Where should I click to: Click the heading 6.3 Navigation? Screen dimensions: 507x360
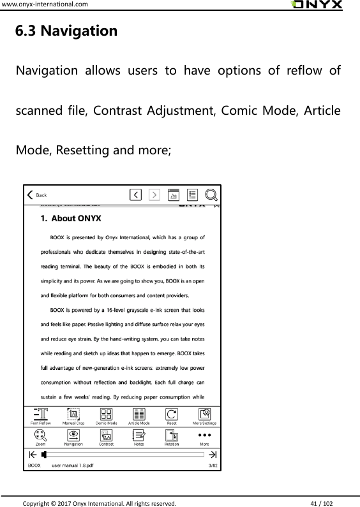66,31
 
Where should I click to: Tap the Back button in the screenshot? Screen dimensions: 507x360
36,195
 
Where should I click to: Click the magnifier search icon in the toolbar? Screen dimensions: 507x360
212,195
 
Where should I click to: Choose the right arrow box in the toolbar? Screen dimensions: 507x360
154,195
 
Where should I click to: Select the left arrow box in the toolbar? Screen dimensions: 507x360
135,195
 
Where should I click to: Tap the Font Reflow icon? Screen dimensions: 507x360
41,414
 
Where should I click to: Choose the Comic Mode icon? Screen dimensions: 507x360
106,414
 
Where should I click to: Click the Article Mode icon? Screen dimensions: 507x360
139,414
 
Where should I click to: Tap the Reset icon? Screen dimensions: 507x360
172,414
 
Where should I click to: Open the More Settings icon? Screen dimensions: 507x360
204,414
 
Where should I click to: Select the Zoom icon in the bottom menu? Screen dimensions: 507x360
41,435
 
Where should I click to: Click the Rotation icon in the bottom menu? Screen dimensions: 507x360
172,435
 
